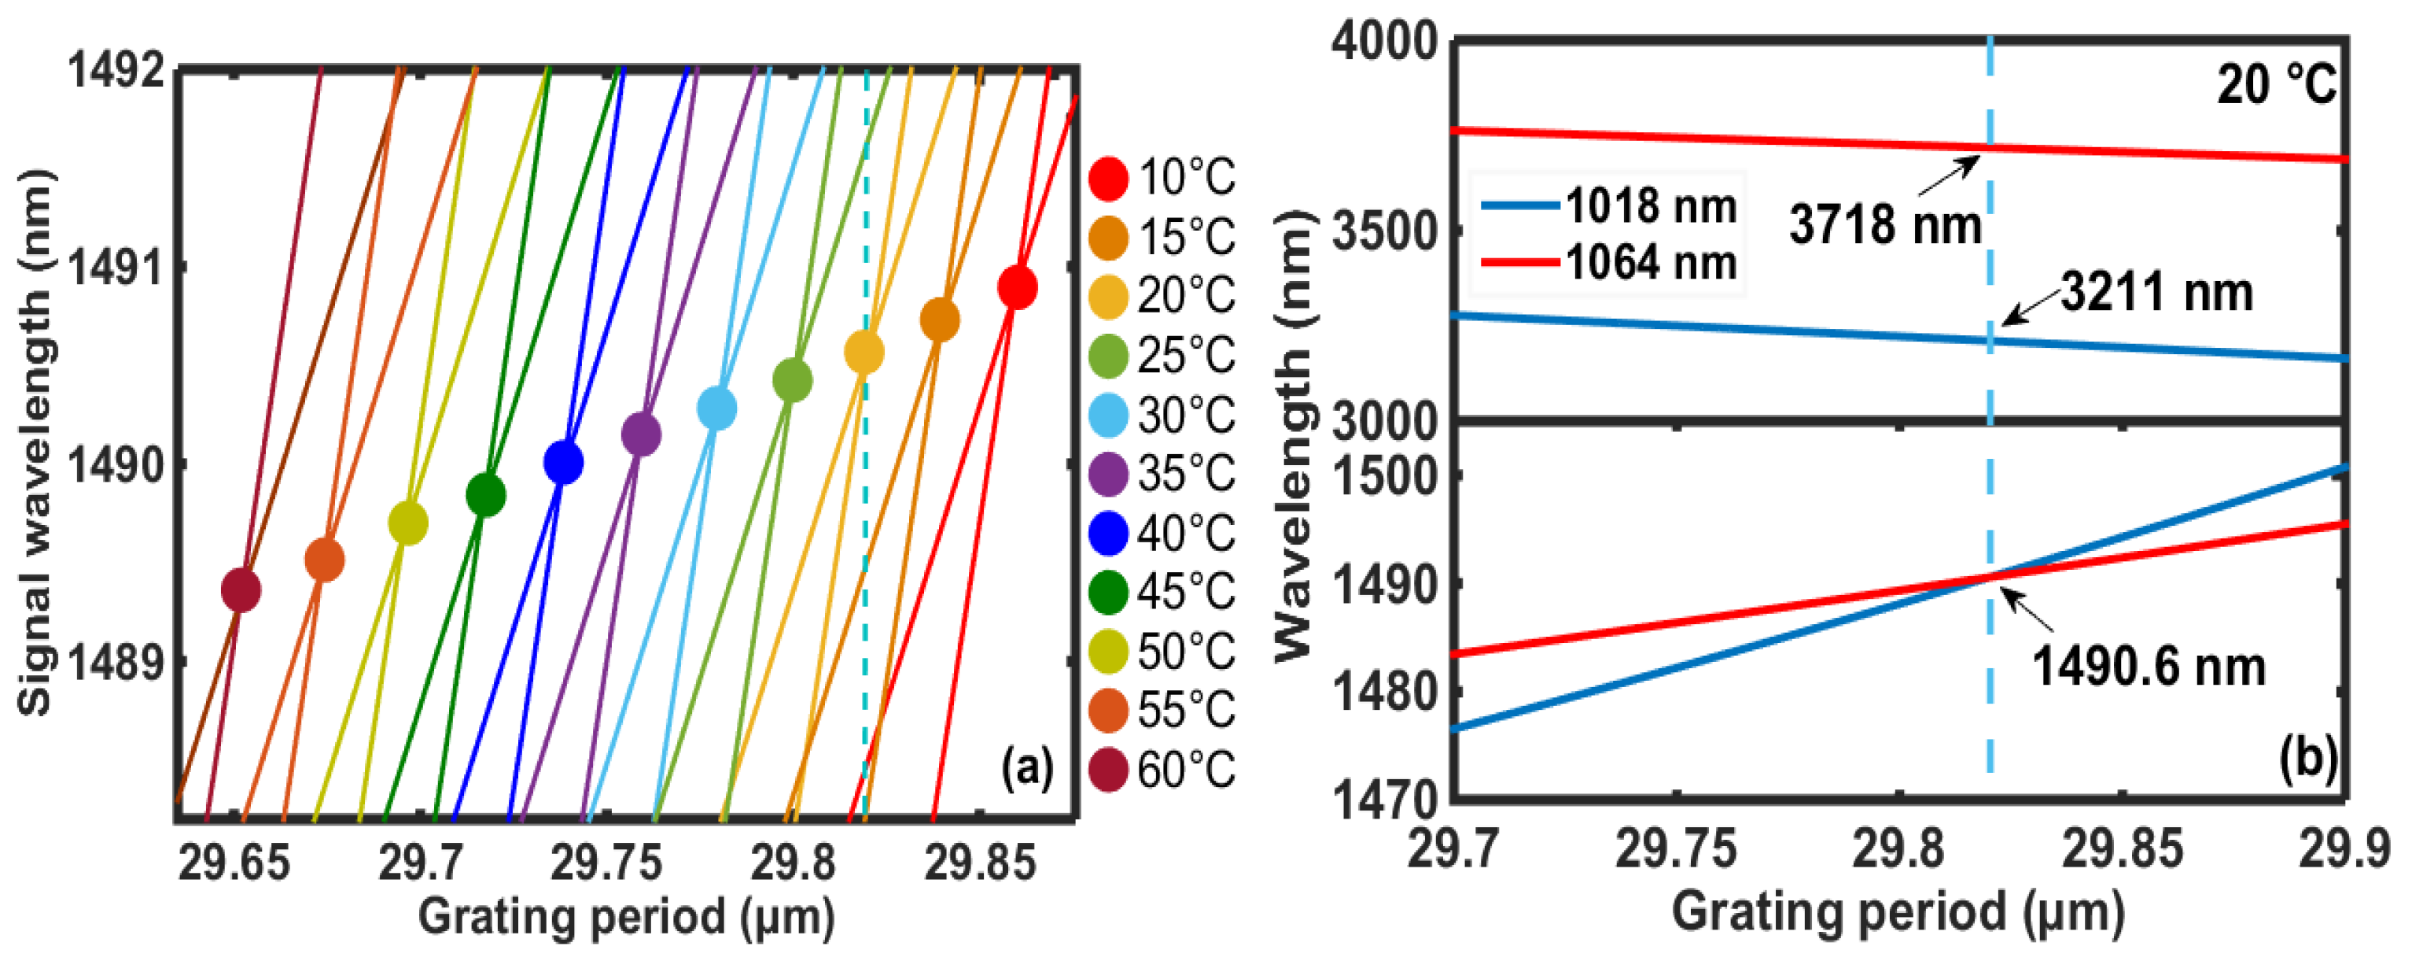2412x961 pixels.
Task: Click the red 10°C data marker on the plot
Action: point(1017,286)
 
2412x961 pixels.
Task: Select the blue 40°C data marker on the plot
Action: point(563,462)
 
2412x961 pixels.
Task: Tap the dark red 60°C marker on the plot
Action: point(241,590)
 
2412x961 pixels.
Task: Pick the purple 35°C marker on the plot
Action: point(640,434)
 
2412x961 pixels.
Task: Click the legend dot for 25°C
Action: point(1109,356)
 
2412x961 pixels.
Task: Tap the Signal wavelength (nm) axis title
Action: point(35,442)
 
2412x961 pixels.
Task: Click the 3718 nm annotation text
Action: point(1885,225)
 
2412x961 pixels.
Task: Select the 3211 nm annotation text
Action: point(2156,292)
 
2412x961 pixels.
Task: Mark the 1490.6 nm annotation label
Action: point(2148,667)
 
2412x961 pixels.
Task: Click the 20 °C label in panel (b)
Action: point(2275,84)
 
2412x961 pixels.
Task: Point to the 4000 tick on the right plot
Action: point(1384,43)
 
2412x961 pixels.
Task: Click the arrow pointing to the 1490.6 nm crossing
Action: point(2028,611)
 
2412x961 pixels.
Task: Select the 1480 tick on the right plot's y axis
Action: point(1384,693)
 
